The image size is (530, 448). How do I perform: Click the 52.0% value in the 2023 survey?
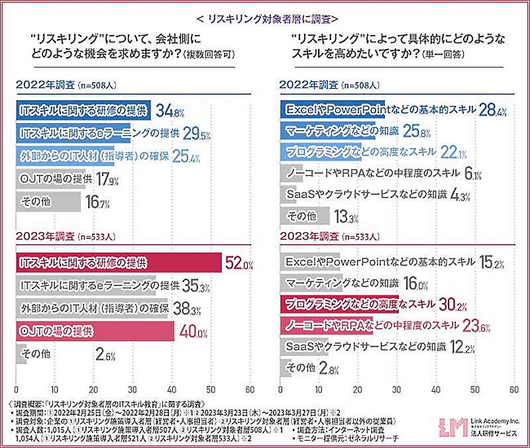point(239,264)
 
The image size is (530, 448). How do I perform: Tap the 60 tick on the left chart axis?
point(250,388)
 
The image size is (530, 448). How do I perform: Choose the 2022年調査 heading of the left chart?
point(46,85)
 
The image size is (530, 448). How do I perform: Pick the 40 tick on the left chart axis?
point(172,388)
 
